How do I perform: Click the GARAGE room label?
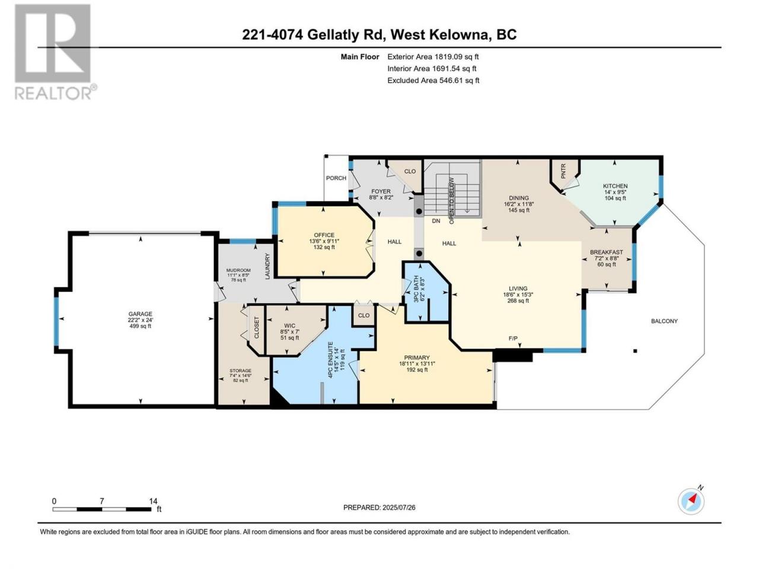(140, 314)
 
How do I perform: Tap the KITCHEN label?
(615, 186)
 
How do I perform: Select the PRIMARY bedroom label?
(417, 357)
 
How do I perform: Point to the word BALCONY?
(664, 321)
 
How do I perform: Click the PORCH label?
(336, 178)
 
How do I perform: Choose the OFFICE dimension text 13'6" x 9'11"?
(324, 241)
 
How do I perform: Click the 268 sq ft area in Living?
(518, 301)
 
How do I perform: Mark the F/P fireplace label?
(513, 338)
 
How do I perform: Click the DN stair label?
(436, 220)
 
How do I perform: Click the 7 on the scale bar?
(101, 501)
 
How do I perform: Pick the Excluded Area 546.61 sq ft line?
(433, 81)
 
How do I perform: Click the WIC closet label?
(289, 325)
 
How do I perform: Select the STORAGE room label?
(240, 370)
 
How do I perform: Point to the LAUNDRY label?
(267, 266)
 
